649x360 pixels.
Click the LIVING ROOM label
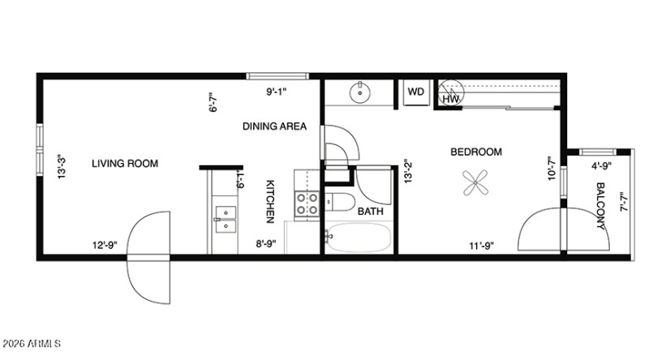coord(124,164)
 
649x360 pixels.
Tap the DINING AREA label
coord(274,126)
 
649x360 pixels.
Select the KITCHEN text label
coord(271,201)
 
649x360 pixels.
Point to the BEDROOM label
coord(476,152)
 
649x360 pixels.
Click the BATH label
coord(371,212)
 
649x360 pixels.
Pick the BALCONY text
coord(601,207)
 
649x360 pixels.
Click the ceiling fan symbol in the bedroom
coord(475,182)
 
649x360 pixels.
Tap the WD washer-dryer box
coord(415,92)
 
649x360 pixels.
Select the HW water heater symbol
coord(451,94)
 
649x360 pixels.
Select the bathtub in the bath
coord(359,238)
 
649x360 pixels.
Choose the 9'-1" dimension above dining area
coord(277,92)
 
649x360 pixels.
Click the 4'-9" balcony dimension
coord(601,166)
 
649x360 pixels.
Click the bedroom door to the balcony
coord(540,231)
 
